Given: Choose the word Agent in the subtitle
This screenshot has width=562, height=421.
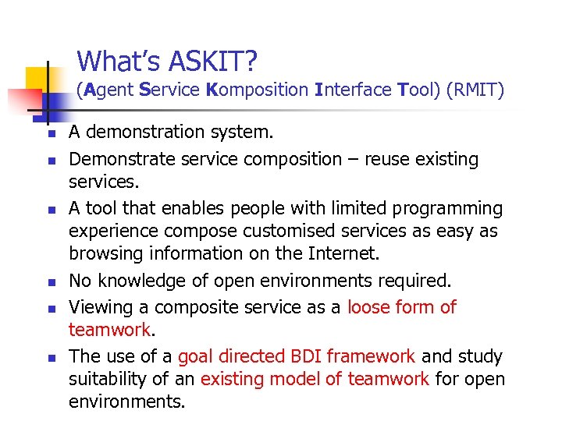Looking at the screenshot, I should click(108, 90).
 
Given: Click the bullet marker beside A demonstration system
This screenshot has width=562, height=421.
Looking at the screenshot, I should click(47, 135).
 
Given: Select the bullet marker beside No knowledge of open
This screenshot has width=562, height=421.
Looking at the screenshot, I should click(47, 282).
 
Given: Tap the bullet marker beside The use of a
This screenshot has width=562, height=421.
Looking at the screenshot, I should click(47, 358).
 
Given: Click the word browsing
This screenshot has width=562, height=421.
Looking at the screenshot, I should click(105, 253).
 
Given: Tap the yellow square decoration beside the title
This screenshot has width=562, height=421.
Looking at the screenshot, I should click(37, 78).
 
